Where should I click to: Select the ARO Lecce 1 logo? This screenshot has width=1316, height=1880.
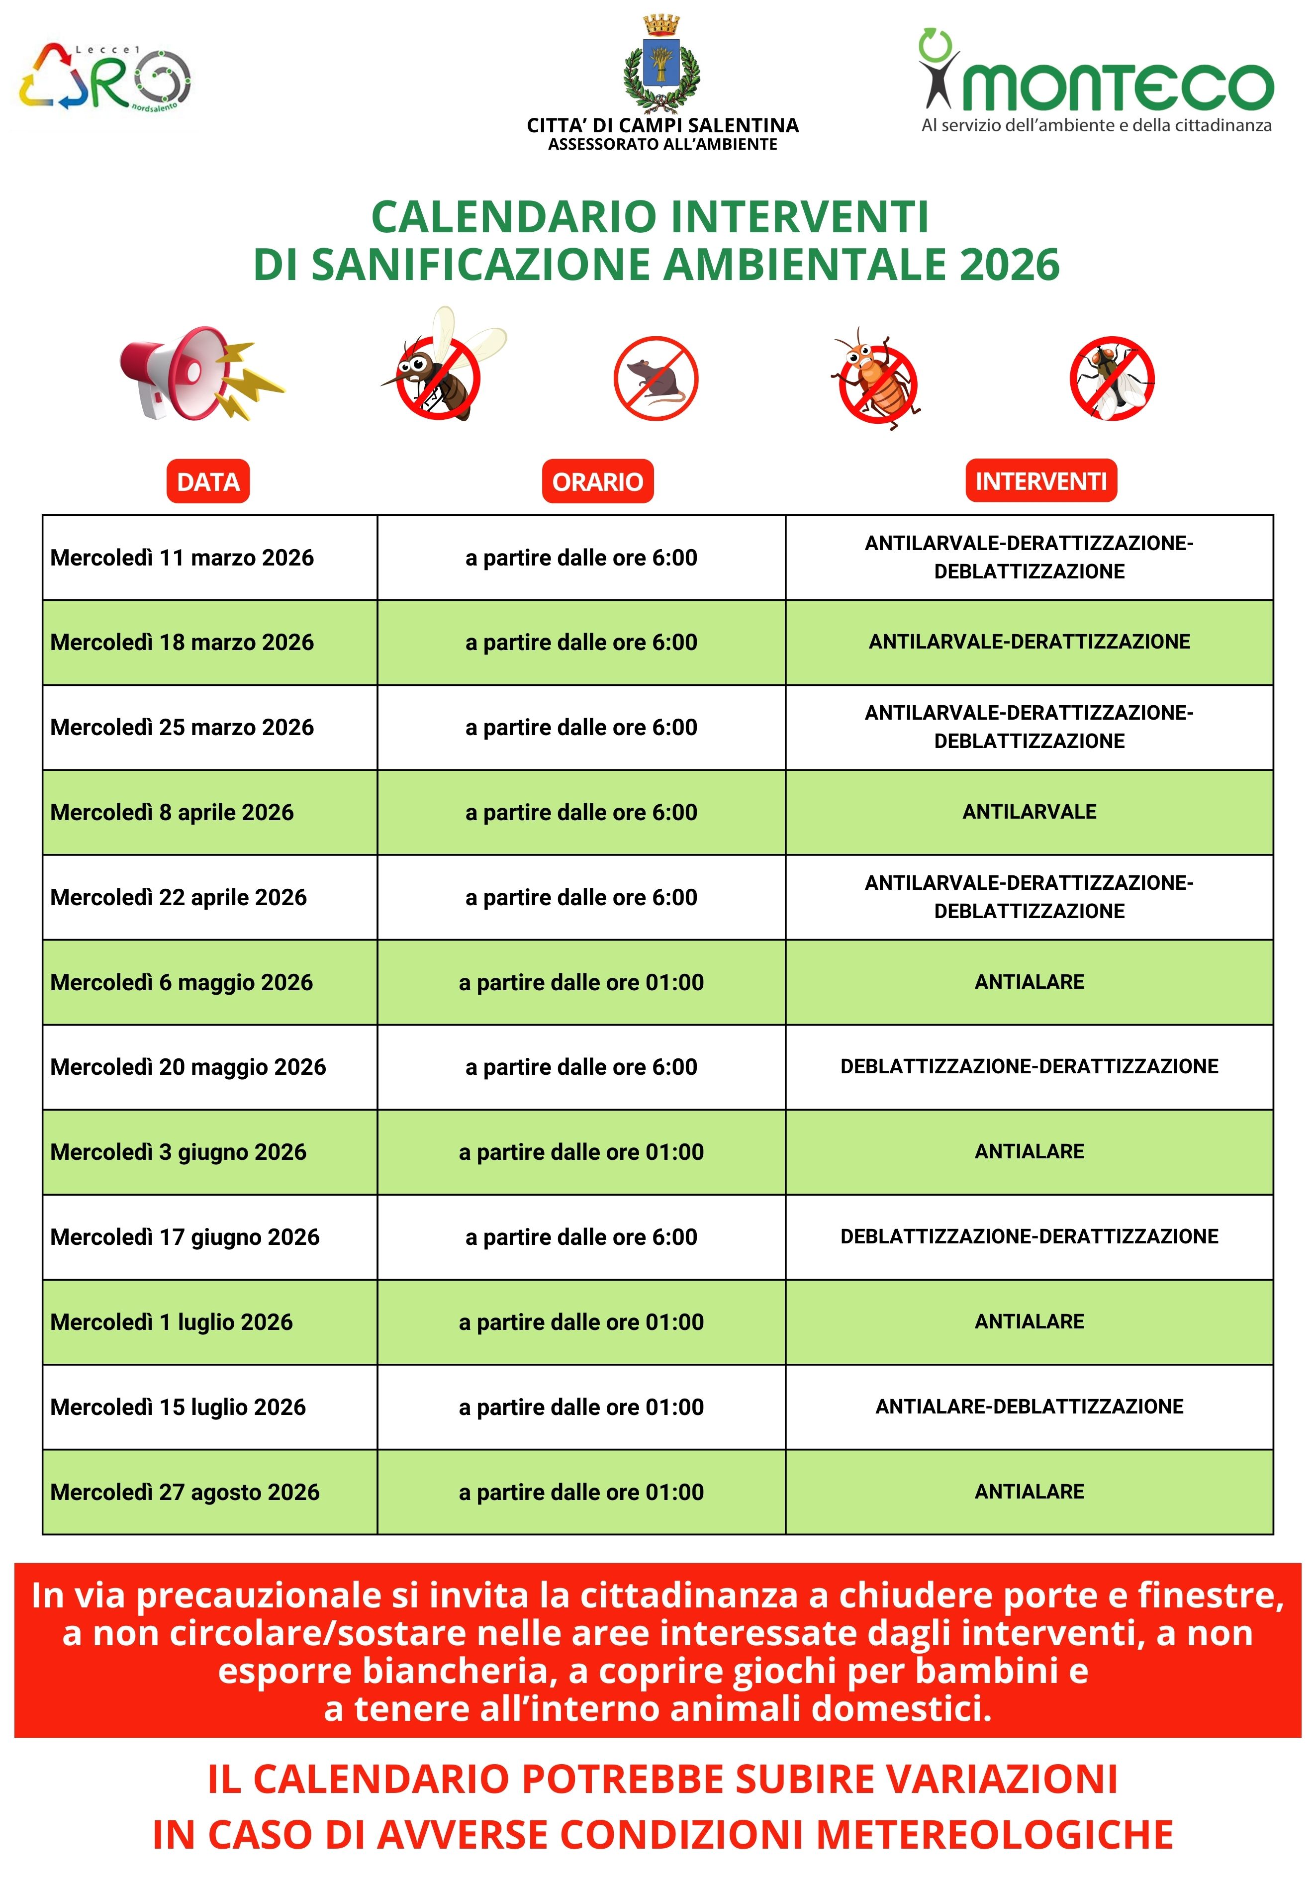105,78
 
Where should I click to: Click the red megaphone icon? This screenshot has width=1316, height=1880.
196,374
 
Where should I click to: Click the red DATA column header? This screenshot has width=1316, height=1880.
208,481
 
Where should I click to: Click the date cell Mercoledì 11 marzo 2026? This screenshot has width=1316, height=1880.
182,558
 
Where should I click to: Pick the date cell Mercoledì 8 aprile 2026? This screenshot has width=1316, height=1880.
172,812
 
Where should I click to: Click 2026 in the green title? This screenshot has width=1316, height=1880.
1009,265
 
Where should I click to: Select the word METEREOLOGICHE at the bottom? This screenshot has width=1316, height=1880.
994,1834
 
